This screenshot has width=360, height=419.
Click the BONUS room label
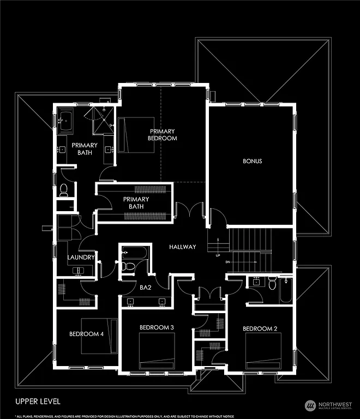tap(253, 161)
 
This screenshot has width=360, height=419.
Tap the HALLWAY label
tap(182, 247)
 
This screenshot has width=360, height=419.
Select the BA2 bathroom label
tap(145, 286)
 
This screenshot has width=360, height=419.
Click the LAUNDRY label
tap(81, 258)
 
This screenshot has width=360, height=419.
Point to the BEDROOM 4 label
tap(86, 334)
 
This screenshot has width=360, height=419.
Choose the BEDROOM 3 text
tap(157, 327)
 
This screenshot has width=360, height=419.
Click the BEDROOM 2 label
tap(260, 328)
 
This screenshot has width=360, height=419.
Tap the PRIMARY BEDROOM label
tap(163, 135)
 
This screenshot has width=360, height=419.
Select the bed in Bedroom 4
tap(99, 334)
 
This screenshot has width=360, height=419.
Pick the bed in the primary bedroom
tap(130, 136)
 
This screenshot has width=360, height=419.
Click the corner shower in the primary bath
tap(101, 119)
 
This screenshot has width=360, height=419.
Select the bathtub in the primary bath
tap(67, 122)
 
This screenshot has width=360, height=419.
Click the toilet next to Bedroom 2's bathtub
tap(272, 283)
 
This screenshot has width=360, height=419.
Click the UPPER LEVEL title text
tap(38, 402)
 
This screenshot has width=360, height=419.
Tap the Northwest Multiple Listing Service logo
tap(328, 405)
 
